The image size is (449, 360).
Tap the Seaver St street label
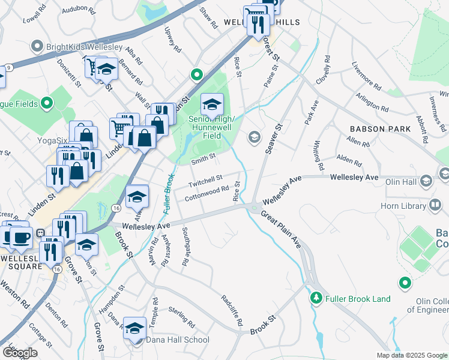pyautogui.click(x=274, y=139)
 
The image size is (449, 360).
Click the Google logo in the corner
pyautogui.click(x=20, y=353)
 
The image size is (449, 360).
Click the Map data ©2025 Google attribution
pyautogui.click(x=411, y=355)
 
